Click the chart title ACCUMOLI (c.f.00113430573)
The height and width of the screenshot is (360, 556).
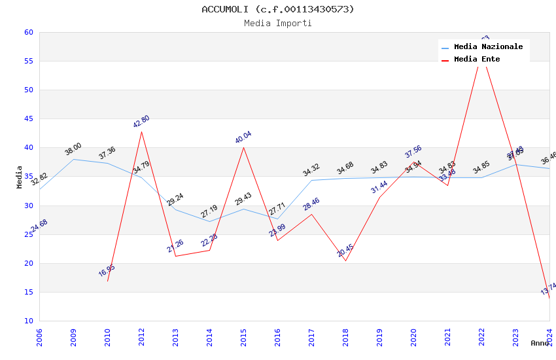point(278,9)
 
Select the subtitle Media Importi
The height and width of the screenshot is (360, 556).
point(278,23)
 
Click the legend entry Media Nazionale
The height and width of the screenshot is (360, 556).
point(488,47)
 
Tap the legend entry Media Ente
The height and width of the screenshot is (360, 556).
point(477,60)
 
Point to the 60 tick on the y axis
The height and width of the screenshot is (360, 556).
point(29,32)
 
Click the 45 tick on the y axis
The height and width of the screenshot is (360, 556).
point(29,118)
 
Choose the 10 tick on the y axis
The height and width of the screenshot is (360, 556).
point(29,321)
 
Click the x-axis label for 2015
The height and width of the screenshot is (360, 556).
point(244,336)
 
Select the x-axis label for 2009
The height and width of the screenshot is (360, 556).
point(74,336)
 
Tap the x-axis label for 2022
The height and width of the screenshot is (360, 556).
point(482,336)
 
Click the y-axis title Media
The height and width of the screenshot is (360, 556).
point(20,177)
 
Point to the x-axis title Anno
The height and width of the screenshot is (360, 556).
point(540,343)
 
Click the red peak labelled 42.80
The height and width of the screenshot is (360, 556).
point(141,132)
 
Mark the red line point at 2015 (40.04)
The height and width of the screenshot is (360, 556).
point(244,147)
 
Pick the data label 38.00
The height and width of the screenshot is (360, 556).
point(73,149)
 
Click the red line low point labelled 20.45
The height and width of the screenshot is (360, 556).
point(345,261)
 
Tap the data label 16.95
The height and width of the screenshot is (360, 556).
point(107,270)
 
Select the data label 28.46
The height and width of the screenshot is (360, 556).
point(311,204)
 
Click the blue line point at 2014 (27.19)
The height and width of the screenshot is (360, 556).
point(210,222)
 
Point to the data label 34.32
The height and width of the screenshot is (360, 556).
point(311,170)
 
